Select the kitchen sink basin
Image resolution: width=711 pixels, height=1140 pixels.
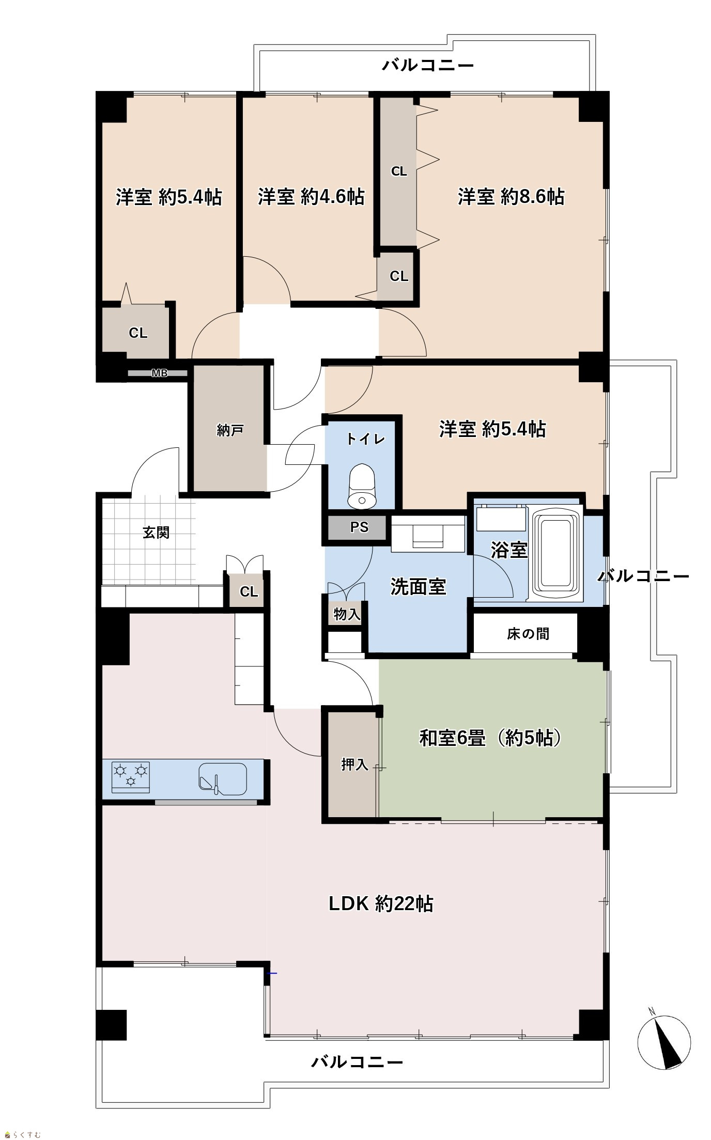(x=223, y=777)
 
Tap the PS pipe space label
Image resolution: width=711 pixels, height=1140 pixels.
(x=360, y=527)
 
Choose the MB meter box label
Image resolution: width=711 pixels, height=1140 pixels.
(x=159, y=373)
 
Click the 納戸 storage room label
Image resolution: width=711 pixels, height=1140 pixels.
(x=230, y=430)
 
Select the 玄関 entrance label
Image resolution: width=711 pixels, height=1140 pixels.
(x=156, y=533)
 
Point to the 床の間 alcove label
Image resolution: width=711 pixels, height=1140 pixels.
(x=528, y=634)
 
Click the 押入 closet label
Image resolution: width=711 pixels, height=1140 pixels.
(x=354, y=764)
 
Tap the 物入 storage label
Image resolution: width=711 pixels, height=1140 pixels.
(x=347, y=615)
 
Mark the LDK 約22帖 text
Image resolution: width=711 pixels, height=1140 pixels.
(x=381, y=904)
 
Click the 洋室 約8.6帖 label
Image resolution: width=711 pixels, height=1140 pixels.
(x=511, y=197)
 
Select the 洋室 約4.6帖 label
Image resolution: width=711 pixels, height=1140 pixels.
(x=311, y=197)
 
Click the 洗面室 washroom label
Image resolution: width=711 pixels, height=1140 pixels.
(x=418, y=587)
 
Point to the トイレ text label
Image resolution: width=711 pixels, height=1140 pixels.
(x=366, y=440)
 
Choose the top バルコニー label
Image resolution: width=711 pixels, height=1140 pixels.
(x=428, y=66)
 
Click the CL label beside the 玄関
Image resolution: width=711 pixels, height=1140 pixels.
(x=249, y=592)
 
